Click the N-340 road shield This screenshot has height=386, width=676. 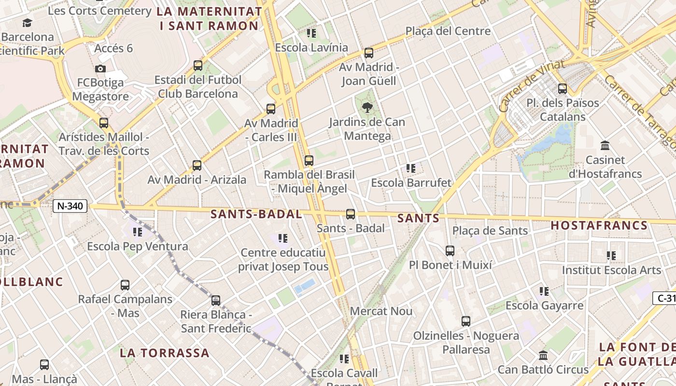[70, 206]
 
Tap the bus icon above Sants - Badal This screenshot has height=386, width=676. [351, 214]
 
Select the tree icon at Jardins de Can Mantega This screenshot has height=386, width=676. [367, 108]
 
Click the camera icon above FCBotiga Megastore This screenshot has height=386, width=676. [100, 69]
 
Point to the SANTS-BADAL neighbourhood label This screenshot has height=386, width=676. [256, 214]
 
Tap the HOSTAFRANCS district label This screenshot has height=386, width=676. [599, 225]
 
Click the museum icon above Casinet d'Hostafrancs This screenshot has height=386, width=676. [605, 145]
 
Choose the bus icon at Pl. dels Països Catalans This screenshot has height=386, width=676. [563, 89]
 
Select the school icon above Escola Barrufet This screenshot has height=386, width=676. [411, 168]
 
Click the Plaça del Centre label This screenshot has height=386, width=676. [448, 31]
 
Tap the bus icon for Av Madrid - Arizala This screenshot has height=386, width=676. [197, 165]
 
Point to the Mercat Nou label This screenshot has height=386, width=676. [381, 311]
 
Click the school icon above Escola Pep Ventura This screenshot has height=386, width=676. [138, 232]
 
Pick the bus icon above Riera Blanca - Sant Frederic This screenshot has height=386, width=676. [216, 301]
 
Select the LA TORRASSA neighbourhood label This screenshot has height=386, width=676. [165, 353]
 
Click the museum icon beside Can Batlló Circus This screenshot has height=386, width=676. [543, 356]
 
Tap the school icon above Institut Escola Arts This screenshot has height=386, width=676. [611, 256]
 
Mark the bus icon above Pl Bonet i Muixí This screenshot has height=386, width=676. [450, 251]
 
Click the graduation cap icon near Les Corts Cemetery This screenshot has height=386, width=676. [27, 23]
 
